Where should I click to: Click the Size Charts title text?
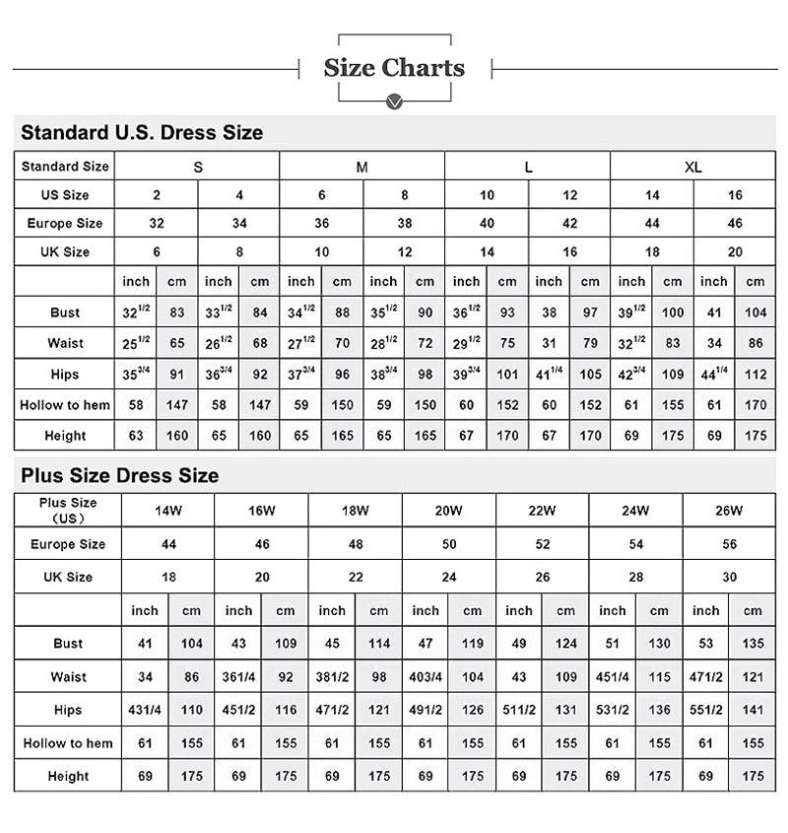pyautogui.click(x=394, y=68)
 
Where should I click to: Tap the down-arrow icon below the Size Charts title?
pyautogui.click(x=394, y=102)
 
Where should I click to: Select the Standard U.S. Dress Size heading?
pyautogui.click(x=142, y=132)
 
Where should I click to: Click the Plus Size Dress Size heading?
pyautogui.click(x=119, y=475)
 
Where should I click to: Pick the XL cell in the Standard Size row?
pyautogui.click(x=692, y=167)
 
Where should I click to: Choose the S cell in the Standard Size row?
pyautogui.click(x=198, y=167)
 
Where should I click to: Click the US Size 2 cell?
pyautogui.click(x=157, y=195)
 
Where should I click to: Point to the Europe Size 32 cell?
pyautogui.click(x=157, y=224)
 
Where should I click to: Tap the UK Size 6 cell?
pyautogui.click(x=157, y=252)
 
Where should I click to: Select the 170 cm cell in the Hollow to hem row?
pyautogui.click(x=755, y=404)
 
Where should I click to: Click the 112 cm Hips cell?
pyautogui.click(x=755, y=374)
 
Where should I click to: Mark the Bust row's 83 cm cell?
pyautogui.click(x=177, y=312)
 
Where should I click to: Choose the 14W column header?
pyautogui.click(x=167, y=511)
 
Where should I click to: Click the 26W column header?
pyautogui.click(x=729, y=511)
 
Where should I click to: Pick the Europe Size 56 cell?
pyautogui.click(x=729, y=544)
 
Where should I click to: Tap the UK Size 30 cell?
pyautogui.click(x=729, y=577)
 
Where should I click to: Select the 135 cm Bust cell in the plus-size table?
pyautogui.click(x=753, y=644)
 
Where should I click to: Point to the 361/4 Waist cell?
pyautogui.click(x=238, y=677)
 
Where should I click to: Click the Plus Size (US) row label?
pyautogui.click(x=68, y=510)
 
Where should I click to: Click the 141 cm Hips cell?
pyautogui.click(x=753, y=710)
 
